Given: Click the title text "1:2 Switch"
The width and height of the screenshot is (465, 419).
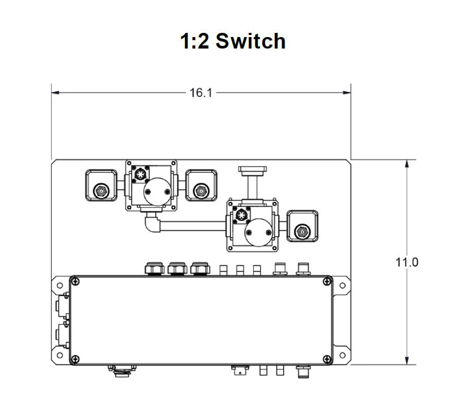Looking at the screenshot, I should point(232,41).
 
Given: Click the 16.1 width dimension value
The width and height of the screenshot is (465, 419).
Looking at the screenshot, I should point(201,93).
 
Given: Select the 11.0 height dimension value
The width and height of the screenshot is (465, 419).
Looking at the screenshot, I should point(406,262).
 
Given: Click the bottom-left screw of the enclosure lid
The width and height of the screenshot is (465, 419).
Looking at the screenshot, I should point(76,359).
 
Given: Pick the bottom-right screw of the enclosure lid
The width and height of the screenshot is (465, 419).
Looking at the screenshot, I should point(327,359).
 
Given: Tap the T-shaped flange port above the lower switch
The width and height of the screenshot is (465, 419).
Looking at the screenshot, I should point(252,170).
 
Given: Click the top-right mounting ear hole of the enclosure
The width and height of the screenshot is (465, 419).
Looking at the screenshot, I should point(342,285).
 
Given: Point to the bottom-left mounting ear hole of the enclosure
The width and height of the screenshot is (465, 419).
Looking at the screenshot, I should point(59,355).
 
